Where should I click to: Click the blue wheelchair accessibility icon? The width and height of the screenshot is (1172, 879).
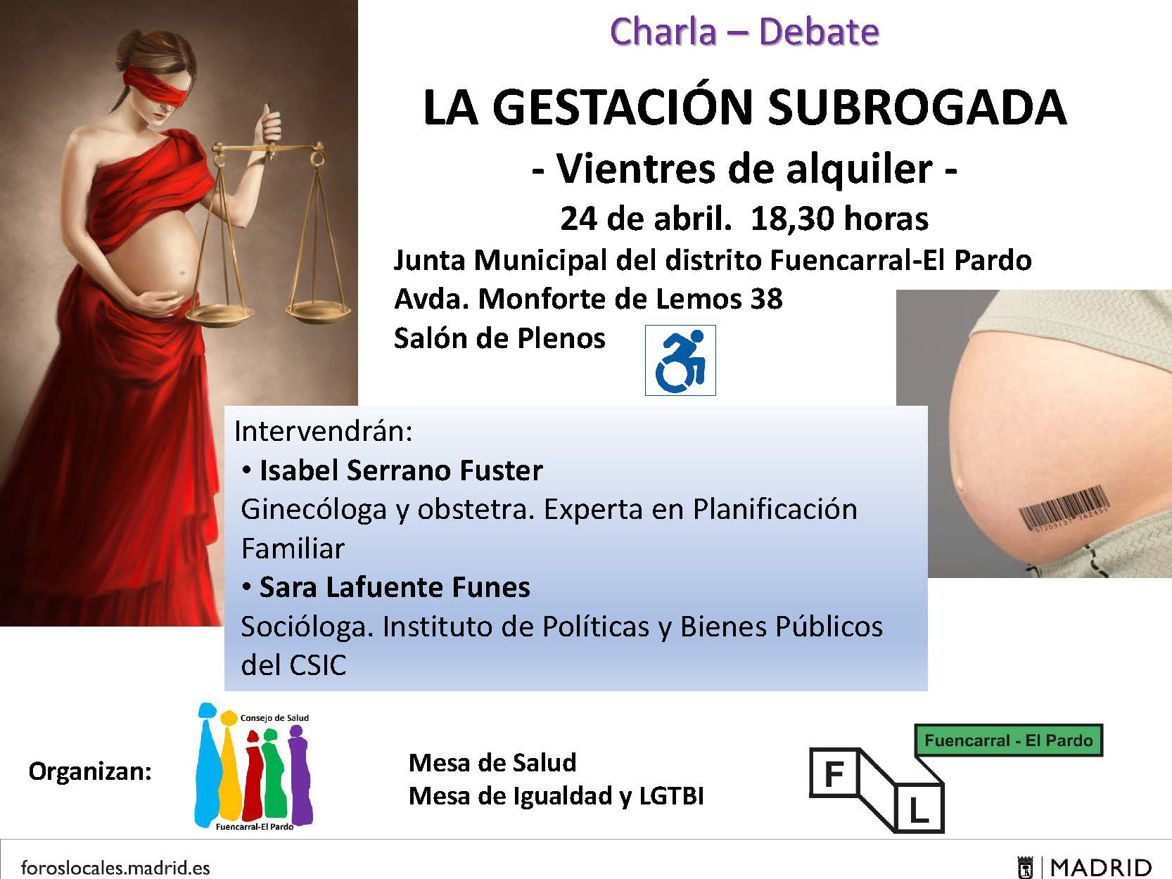(680, 360)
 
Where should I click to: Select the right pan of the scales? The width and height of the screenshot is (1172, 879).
(319, 309)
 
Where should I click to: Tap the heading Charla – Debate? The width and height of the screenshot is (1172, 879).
(744, 32)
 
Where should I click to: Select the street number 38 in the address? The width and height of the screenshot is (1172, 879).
(766, 300)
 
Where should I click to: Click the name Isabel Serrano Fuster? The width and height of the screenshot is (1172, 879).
(401, 470)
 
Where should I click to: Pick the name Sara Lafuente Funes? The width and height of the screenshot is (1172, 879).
(395, 588)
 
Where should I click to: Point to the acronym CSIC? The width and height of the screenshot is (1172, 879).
(318, 665)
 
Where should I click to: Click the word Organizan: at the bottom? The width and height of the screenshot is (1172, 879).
(90, 771)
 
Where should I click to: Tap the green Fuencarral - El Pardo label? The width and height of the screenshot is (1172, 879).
(1009, 740)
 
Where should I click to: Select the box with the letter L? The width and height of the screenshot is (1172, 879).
(918, 809)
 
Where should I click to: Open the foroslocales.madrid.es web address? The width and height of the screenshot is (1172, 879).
(115, 867)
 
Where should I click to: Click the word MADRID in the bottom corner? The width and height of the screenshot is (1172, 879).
(1100, 868)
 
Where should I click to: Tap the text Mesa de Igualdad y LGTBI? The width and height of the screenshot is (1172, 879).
(556, 796)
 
